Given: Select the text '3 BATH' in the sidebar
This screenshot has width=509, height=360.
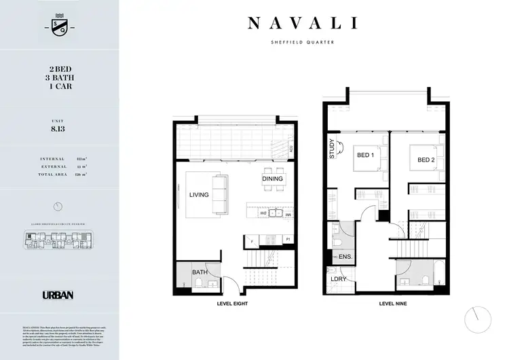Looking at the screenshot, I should coord(60,77).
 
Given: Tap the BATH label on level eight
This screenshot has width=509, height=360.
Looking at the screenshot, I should coord(200,272).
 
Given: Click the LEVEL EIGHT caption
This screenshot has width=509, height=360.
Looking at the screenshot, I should coord(231,304).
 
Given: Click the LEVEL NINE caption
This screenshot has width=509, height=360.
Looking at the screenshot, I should coord(394,304).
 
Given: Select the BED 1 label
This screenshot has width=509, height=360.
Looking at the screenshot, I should coord(366,156).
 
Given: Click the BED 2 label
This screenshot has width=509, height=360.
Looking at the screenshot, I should coord(426,160).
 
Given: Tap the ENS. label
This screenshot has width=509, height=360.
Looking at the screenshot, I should coord(344,257).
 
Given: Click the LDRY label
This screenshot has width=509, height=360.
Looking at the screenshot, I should coord(335,279).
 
